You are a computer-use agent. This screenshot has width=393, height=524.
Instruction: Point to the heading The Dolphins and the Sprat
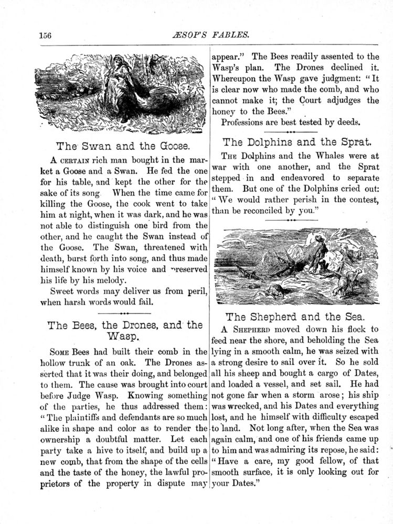tap(298, 141)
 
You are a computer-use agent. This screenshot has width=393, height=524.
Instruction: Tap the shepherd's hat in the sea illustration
tap(317, 239)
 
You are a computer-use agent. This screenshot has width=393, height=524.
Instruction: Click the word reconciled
tap(301, 211)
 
